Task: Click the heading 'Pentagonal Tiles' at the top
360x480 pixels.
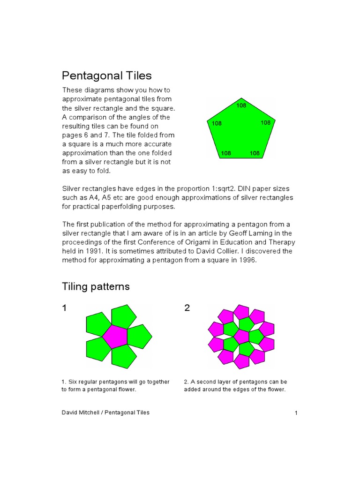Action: (x=107, y=75)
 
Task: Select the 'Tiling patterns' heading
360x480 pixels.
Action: (x=96, y=286)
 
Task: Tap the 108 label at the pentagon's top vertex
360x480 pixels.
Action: (x=241, y=105)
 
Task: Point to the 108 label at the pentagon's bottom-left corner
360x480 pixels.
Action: (x=226, y=153)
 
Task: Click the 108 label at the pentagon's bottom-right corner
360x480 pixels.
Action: (x=255, y=153)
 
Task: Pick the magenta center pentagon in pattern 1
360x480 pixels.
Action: (x=114, y=336)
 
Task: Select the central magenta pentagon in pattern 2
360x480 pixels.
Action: (x=241, y=336)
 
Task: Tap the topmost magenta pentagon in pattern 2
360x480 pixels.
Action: (x=241, y=311)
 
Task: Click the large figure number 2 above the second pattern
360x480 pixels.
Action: (x=187, y=308)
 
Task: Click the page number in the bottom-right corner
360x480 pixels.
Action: (x=296, y=413)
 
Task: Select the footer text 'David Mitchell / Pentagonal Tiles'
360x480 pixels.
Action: (x=106, y=412)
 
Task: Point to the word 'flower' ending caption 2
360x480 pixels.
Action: (x=276, y=390)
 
